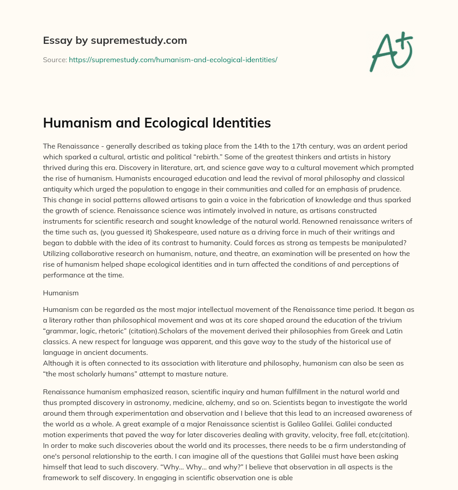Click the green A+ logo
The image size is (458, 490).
pos(391,51)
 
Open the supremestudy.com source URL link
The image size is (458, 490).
pos(173,60)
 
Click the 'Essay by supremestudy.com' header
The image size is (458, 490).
pos(115,41)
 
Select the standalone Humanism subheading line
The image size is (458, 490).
pos(61,293)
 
